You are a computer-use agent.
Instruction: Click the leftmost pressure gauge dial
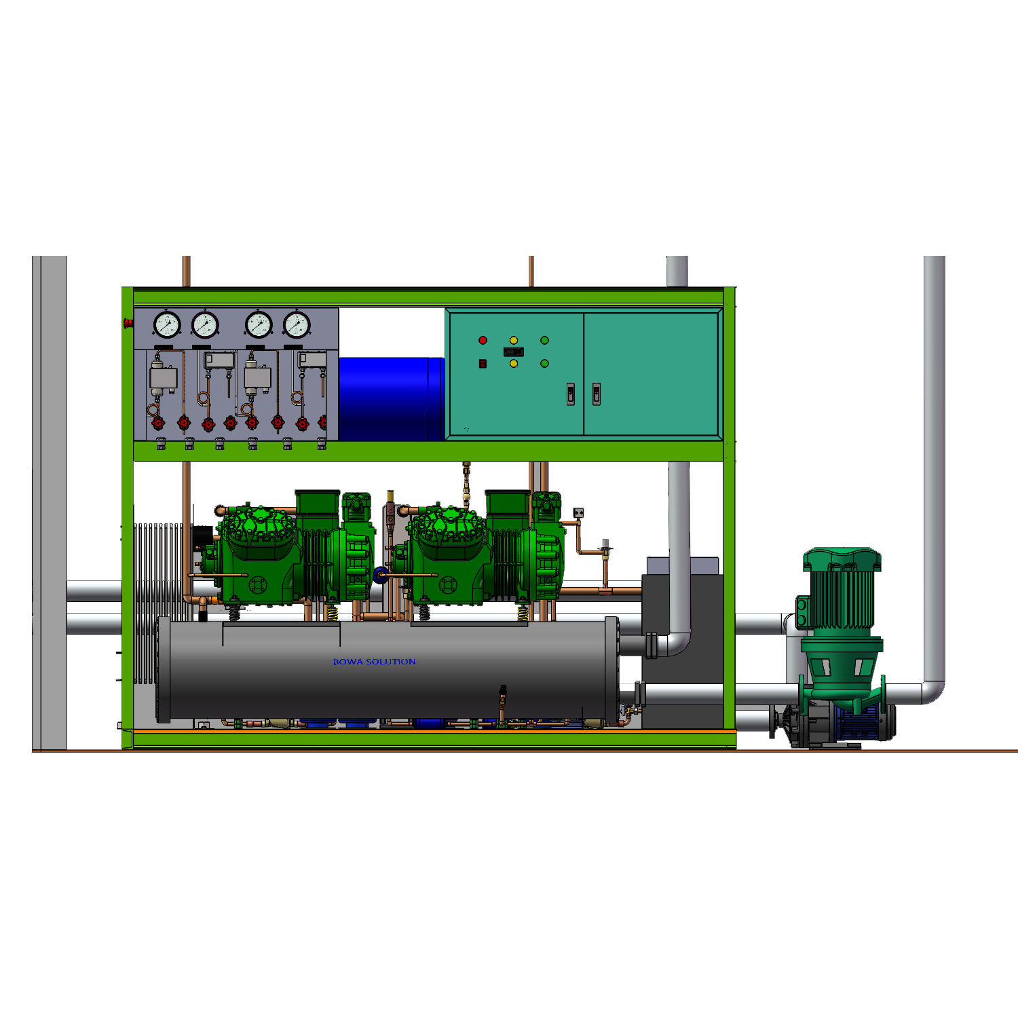click(166, 324)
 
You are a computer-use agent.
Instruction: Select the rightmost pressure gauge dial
click(297, 324)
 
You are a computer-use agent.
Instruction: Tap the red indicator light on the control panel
click(483, 340)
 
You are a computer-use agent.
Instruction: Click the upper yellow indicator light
click(514, 340)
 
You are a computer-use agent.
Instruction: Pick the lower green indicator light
click(544, 364)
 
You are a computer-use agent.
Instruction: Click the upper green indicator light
click(544, 340)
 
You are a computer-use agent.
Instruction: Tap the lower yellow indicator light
click(514, 364)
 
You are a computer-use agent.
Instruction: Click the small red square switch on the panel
click(483, 364)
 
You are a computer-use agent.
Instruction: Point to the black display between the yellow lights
click(514, 352)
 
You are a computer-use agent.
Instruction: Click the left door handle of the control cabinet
click(571, 394)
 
